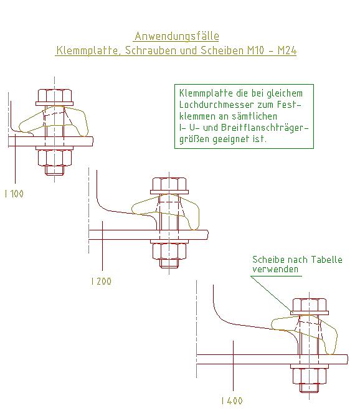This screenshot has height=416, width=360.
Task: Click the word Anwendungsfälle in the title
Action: coord(177,36)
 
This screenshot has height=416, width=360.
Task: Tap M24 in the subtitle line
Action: coord(287,50)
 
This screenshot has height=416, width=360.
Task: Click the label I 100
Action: coord(14,194)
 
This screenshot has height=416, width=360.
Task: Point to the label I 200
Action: coord(101,281)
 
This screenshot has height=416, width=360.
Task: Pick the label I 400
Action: coord(232,400)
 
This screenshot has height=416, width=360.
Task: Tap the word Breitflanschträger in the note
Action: coord(265,128)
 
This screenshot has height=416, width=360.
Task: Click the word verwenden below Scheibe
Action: coord(275,269)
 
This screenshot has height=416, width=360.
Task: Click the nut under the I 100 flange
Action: coord(55,158)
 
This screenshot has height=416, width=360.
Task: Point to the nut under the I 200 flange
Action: coord(169,252)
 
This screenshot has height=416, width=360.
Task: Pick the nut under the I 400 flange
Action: coord(310,376)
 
